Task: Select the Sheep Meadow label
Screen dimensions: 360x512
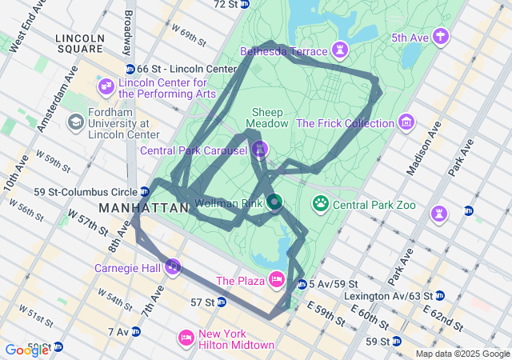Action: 267,118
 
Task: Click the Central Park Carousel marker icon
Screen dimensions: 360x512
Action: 259,150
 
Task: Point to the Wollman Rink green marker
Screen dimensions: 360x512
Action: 274,202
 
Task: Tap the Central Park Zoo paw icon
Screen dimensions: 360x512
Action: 321,204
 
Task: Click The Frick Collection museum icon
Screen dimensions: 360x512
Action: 407,123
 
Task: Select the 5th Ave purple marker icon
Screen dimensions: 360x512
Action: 441,36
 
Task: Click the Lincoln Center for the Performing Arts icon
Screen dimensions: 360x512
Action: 106,86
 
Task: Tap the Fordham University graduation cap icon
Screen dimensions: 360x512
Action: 76,122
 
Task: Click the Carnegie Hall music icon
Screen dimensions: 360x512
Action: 172,266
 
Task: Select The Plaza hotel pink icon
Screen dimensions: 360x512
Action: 277,279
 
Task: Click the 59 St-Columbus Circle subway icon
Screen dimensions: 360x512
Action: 144,191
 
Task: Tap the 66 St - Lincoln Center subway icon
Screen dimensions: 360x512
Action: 130,69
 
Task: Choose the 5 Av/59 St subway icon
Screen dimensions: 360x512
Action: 302,284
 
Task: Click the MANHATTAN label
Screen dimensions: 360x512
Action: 131,207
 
